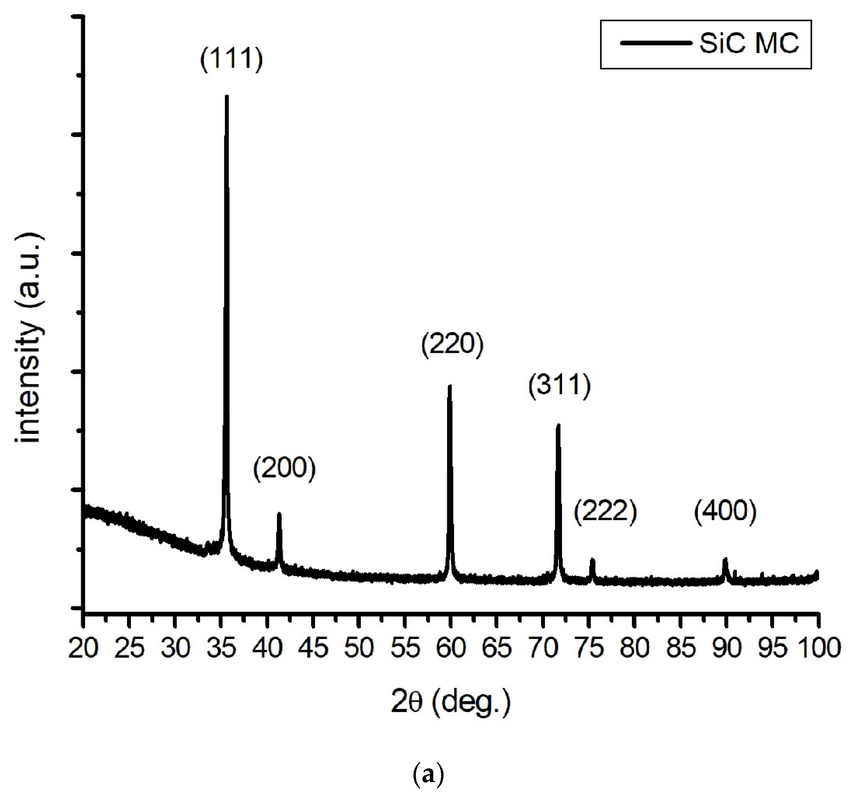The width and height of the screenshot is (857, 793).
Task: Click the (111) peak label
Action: [x=231, y=59]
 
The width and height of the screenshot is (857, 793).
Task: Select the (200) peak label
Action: [x=284, y=468]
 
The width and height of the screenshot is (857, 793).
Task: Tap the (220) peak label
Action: [x=452, y=345]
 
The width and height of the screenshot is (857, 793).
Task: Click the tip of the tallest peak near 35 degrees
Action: [x=226, y=97]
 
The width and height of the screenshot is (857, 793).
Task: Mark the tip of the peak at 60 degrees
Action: [x=450, y=386]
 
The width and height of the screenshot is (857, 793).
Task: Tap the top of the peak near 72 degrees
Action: [x=558, y=425]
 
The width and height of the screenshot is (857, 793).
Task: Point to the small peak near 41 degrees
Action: [x=279, y=514]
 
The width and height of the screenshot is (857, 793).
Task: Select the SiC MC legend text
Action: [x=749, y=43]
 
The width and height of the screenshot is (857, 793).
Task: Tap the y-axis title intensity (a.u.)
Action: [x=29, y=339]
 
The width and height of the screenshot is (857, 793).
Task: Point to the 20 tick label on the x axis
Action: [x=84, y=648]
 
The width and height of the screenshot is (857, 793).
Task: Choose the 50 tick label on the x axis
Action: [x=359, y=648]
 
